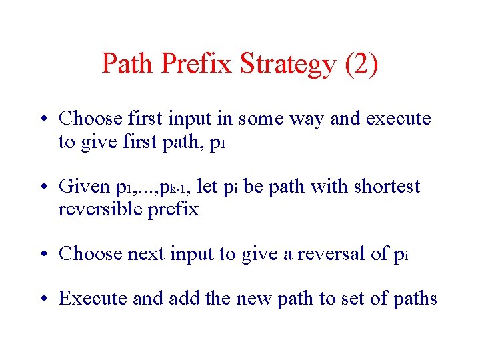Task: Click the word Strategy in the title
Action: click(286, 65)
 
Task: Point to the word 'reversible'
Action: click(102, 209)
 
